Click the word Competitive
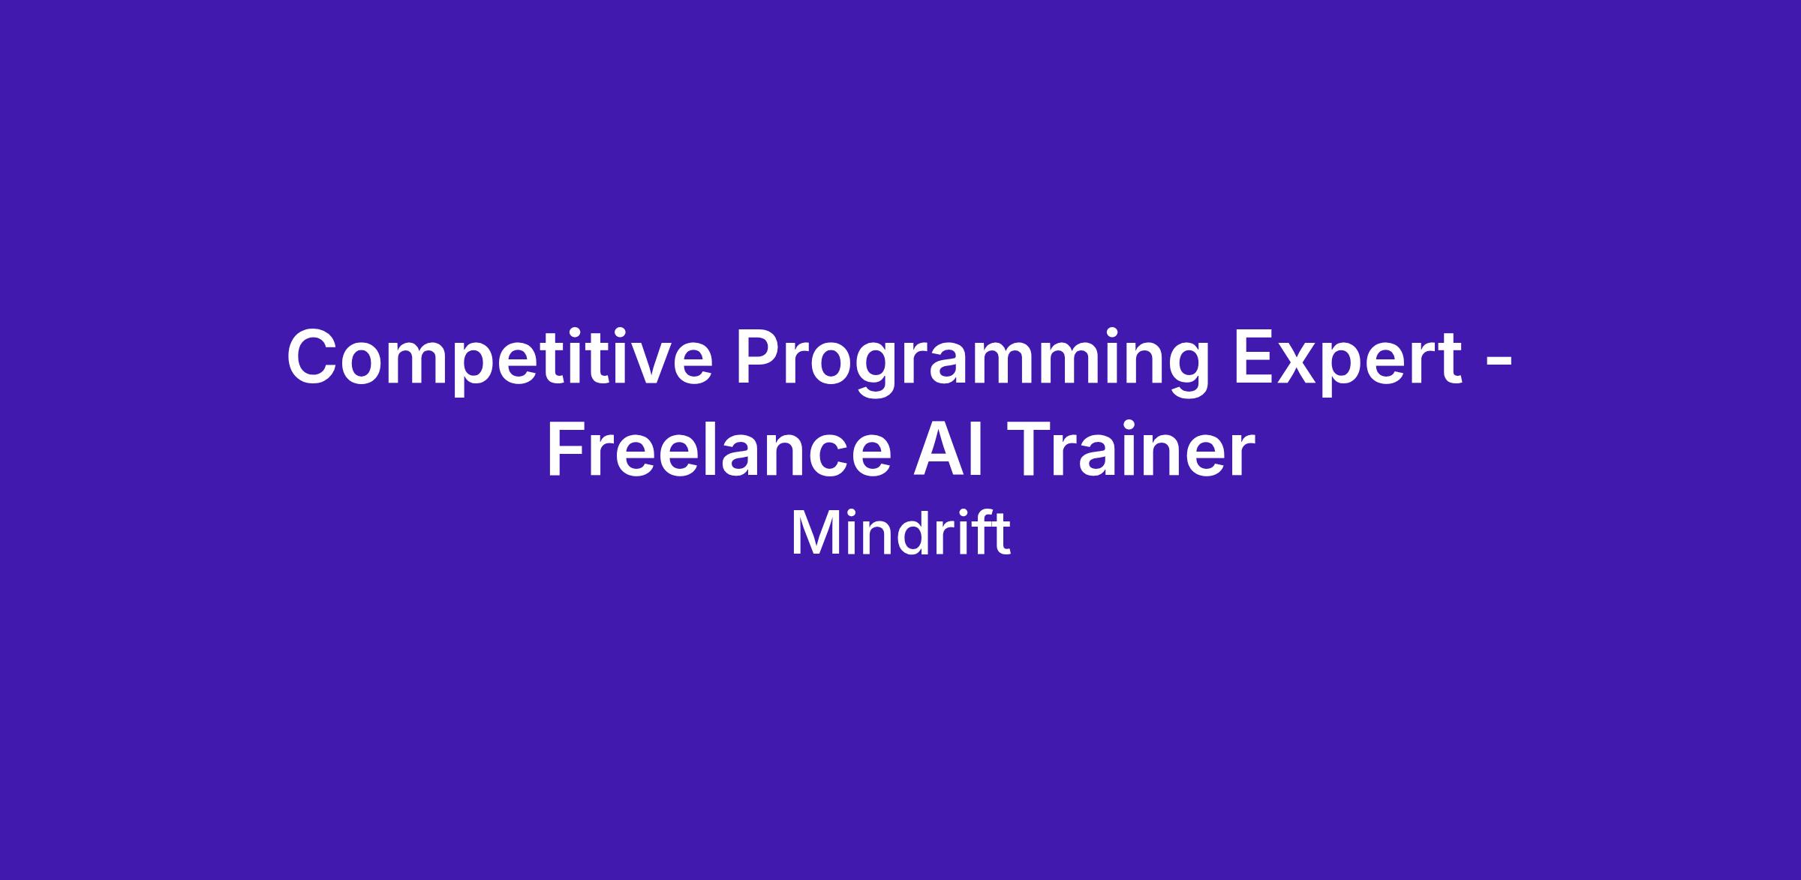(x=499, y=359)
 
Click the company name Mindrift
(x=900, y=533)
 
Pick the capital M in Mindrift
(x=810, y=534)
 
